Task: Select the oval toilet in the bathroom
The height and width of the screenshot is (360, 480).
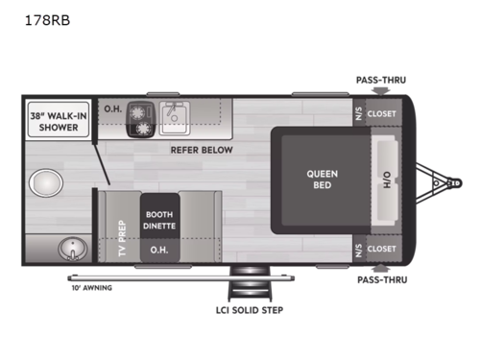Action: tap(44, 182)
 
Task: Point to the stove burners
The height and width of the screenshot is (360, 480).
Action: tap(142, 117)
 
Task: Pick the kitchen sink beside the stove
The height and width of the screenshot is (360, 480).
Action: tap(176, 115)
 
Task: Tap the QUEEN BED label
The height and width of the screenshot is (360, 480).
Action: tap(322, 180)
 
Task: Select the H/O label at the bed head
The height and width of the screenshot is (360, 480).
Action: tap(388, 180)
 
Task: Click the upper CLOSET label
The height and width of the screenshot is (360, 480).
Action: tap(381, 112)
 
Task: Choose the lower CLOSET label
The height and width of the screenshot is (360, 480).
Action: tap(381, 248)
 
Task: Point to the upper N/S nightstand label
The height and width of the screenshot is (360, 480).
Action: tap(357, 112)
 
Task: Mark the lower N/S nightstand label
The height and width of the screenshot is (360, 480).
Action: tap(357, 248)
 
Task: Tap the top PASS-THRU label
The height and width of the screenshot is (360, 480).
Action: tap(379, 82)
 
